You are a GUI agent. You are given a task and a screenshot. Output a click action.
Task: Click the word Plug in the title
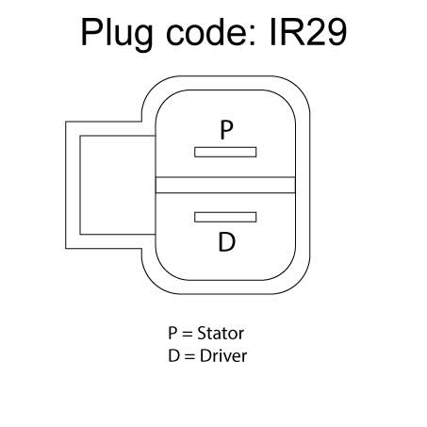pos(117,34)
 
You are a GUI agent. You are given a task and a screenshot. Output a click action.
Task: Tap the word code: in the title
pos(212,31)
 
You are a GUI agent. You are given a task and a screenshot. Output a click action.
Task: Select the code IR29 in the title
pos(308,32)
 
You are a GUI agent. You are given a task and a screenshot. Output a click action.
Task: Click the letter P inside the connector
pos(226,130)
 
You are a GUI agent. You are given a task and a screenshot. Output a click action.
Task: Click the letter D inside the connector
pos(226,241)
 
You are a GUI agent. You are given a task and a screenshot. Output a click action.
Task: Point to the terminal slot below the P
pos(225,152)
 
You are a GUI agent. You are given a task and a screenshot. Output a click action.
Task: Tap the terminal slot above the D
pos(225,217)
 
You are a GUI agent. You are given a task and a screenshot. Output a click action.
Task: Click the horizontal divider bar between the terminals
pos(225,185)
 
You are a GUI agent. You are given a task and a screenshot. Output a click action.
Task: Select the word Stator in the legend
pos(221,333)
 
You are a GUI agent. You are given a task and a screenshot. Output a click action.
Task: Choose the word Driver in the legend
pos(223,356)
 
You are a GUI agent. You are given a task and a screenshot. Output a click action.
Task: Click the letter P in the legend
pos(172,333)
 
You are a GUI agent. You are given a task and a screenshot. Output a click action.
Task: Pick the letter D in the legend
pos(173,356)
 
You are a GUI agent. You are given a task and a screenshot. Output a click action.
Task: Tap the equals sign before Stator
pos(188,334)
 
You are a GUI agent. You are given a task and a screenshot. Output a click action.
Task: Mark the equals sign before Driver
pos(189,357)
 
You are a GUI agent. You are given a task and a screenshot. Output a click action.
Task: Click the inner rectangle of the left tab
pos(118,185)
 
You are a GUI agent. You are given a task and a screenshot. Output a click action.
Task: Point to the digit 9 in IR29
pos(336,32)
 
